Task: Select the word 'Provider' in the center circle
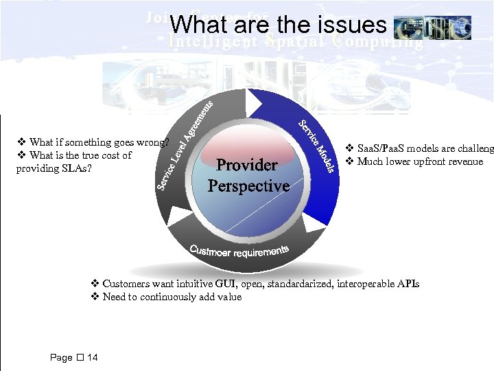pos(247,165)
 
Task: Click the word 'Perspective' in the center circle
pos(248,185)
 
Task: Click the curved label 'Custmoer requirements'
pos(239,251)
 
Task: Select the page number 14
pos(93,357)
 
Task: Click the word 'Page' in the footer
pos(61,357)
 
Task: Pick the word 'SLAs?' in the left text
pos(78,168)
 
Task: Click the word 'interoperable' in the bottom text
pos(364,284)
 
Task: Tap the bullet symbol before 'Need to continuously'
pos(95,297)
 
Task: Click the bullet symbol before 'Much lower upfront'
pos(349,161)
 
